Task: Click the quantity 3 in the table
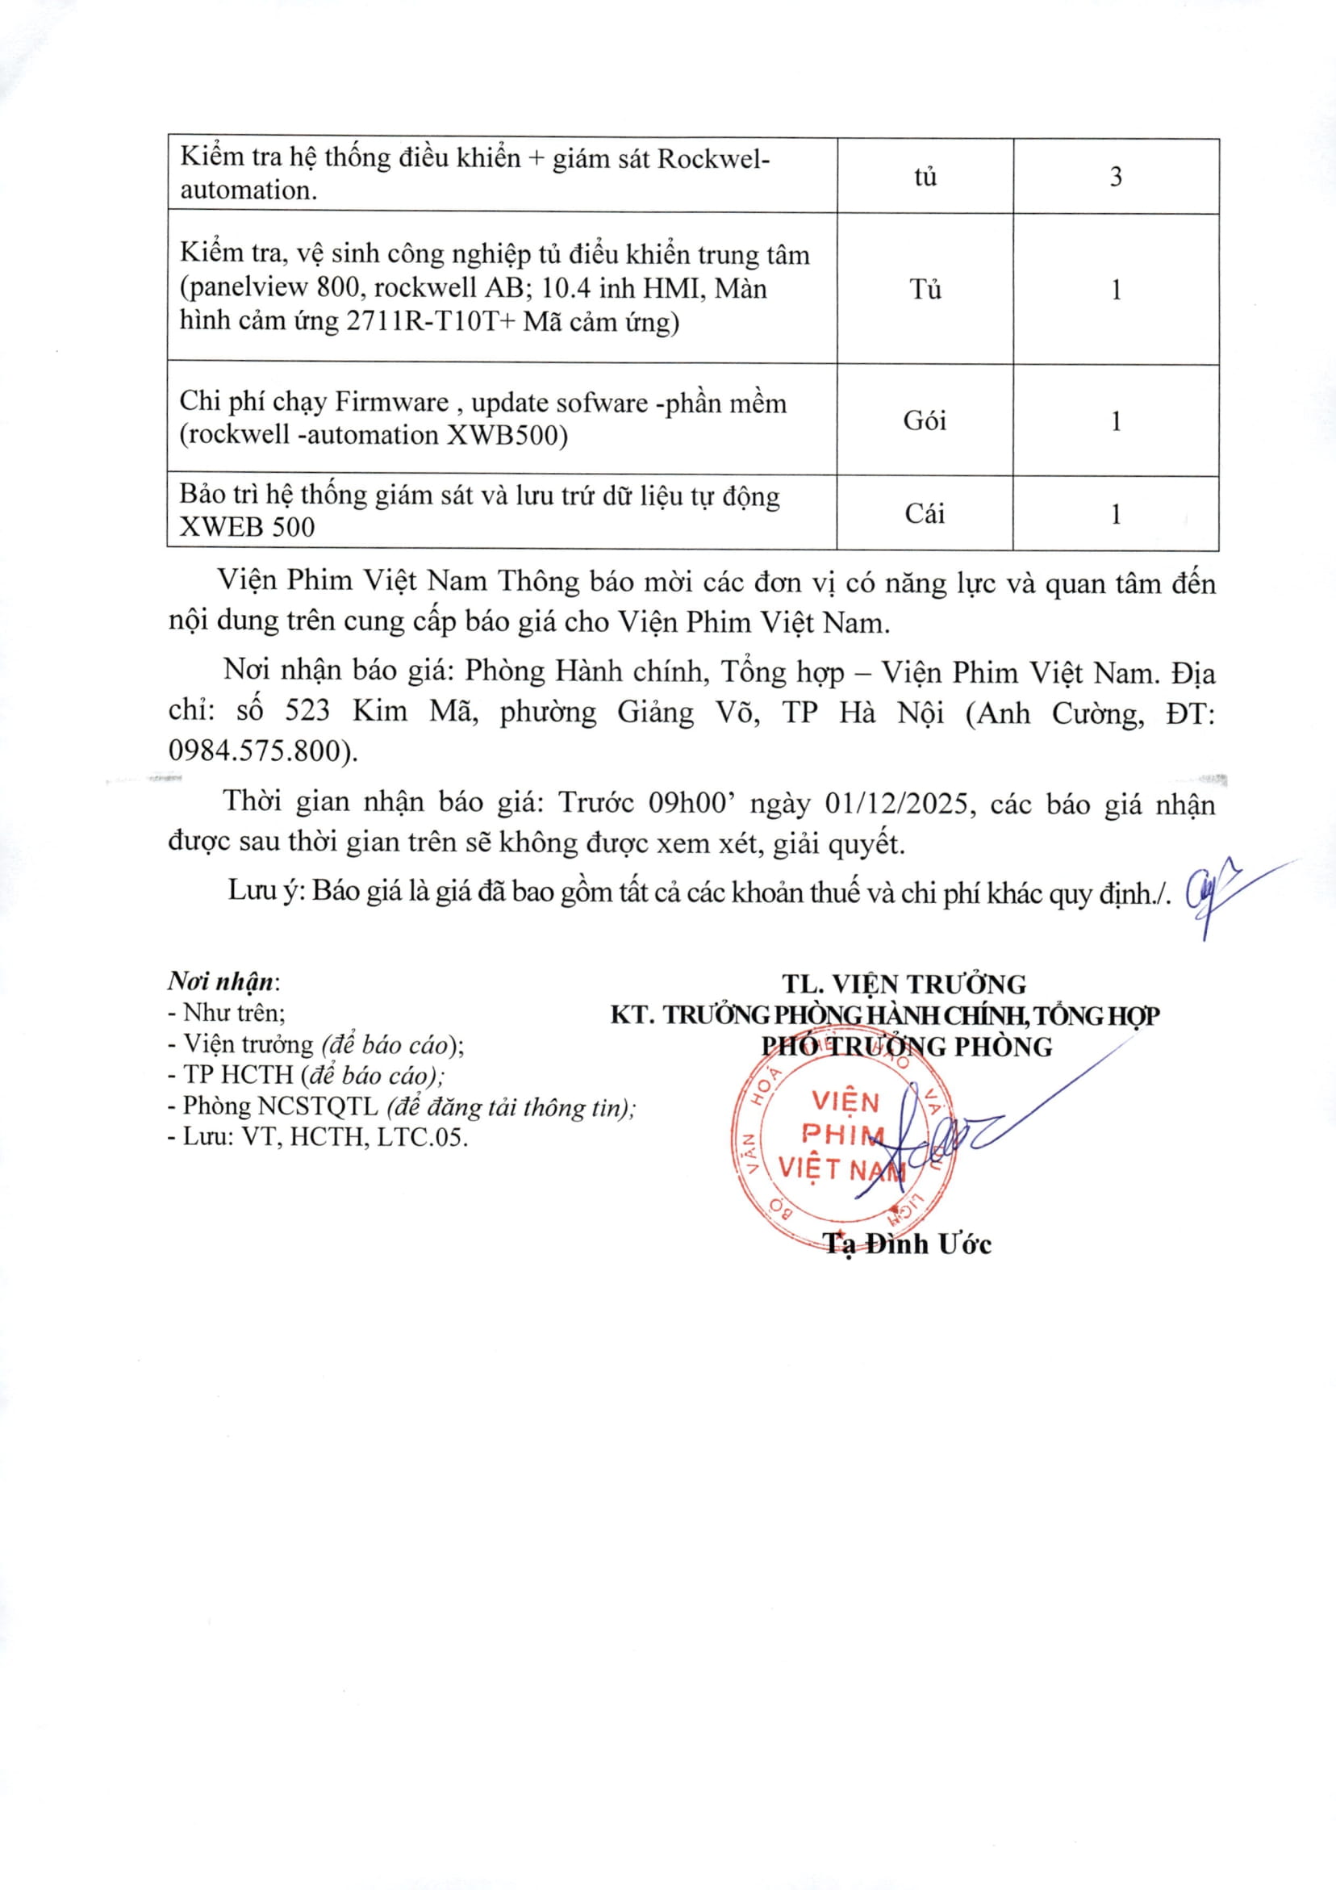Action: point(1116,177)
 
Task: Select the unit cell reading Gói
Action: point(925,420)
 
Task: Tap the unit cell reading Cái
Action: point(925,514)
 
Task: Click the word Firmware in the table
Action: point(392,402)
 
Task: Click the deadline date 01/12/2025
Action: point(900,802)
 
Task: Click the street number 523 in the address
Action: point(307,710)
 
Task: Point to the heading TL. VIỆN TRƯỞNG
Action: point(904,985)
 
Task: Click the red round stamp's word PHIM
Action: point(842,1135)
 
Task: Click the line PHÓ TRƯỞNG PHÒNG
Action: point(906,1047)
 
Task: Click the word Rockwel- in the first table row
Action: point(715,158)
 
